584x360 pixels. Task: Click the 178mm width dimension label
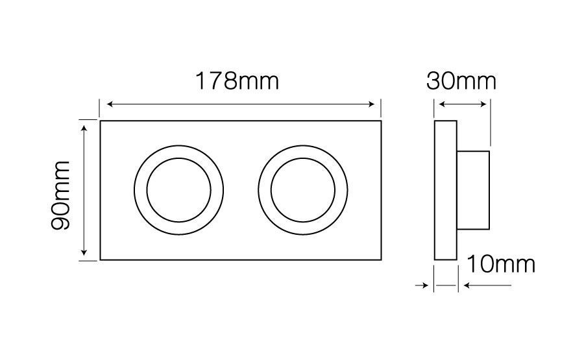point(237,81)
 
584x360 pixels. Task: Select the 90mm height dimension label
point(60,195)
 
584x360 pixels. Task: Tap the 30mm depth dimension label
point(461,81)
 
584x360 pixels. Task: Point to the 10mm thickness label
point(500,264)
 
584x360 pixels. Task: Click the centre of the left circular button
point(179,190)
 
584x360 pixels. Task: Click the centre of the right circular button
point(303,190)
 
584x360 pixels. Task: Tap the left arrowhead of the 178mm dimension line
point(110,104)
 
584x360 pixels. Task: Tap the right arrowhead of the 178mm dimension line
point(371,104)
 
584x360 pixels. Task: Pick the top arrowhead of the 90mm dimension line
point(84,129)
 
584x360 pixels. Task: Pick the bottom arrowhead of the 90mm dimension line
point(84,252)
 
